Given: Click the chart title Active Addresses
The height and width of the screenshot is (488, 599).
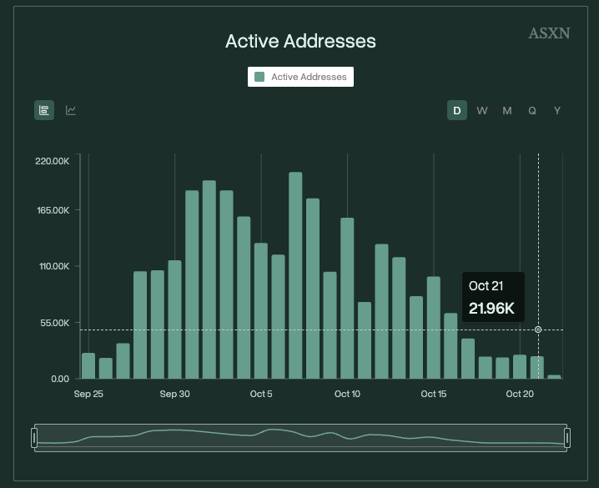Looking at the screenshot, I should pyautogui.click(x=300, y=41).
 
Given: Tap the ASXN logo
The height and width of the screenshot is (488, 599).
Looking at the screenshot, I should pyautogui.click(x=549, y=33).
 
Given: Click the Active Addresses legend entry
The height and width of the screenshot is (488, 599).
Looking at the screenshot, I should pyautogui.click(x=300, y=77).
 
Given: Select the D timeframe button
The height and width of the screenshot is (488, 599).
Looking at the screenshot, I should pyautogui.click(x=456, y=111).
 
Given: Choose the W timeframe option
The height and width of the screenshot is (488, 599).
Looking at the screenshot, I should pyautogui.click(x=482, y=111).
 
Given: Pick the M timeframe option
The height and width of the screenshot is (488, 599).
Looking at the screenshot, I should pyautogui.click(x=506, y=111).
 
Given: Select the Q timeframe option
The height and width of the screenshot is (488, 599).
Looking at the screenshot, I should pyautogui.click(x=532, y=111).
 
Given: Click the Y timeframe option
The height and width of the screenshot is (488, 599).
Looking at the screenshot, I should pyautogui.click(x=557, y=111).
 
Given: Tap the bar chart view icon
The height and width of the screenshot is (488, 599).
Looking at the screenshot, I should pyautogui.click(x=44, y=110).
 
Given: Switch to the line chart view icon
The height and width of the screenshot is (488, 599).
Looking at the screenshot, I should pyautogui.click(x=71, y=110).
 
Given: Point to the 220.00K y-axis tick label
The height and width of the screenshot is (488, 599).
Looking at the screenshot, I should pyautogui.click(x=52, y=160).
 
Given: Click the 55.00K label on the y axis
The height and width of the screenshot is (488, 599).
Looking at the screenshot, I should pyautogui.click(x=53, y=323).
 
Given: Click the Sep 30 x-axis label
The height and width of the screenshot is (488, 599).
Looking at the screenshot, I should pyautogui.click(x=174, y=394).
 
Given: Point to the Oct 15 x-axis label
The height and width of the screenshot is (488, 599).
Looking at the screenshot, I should pyautogui.click(x=434, y=394).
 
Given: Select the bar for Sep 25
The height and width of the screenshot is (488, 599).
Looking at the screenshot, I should pyautogui.click(x=88, y=365).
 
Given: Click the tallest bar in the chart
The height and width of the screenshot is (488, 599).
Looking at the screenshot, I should pyautogui.click(x=295, y=275).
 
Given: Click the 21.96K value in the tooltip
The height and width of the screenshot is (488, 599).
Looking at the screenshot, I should pyautogui.click(x=491, y=309).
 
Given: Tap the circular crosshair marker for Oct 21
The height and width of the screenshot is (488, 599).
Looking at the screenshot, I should pyautogui.click(x=538, y=330).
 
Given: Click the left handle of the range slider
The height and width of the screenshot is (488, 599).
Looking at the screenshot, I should pyautogui.click(x=34, y=437).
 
